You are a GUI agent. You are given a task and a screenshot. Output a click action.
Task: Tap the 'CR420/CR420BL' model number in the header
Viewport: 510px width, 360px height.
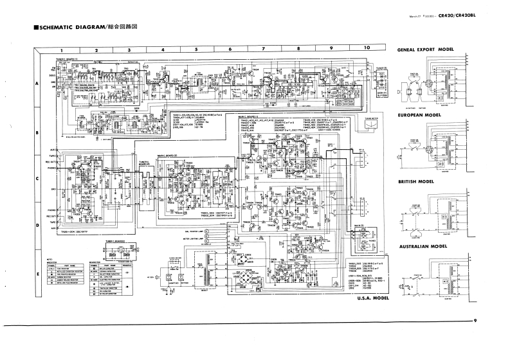click(459, 17)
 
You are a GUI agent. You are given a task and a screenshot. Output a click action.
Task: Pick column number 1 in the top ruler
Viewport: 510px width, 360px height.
click(62, 50)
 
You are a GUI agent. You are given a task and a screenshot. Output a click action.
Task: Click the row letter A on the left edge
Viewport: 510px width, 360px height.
click(38, 84)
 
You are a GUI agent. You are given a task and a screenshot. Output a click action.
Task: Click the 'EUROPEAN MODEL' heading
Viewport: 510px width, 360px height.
click(419, 115)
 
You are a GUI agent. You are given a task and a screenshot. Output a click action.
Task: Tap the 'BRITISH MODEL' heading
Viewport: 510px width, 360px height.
click(417, 181)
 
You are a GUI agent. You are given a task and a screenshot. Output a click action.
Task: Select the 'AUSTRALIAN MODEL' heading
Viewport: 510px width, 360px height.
click(422, 246)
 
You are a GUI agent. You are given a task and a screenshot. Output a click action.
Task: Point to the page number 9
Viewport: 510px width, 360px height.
click(475, 321)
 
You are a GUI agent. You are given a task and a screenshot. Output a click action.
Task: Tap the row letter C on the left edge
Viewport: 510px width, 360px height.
click(38, 179)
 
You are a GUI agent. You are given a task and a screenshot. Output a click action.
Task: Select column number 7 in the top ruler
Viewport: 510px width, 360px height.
click(264, 49)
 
